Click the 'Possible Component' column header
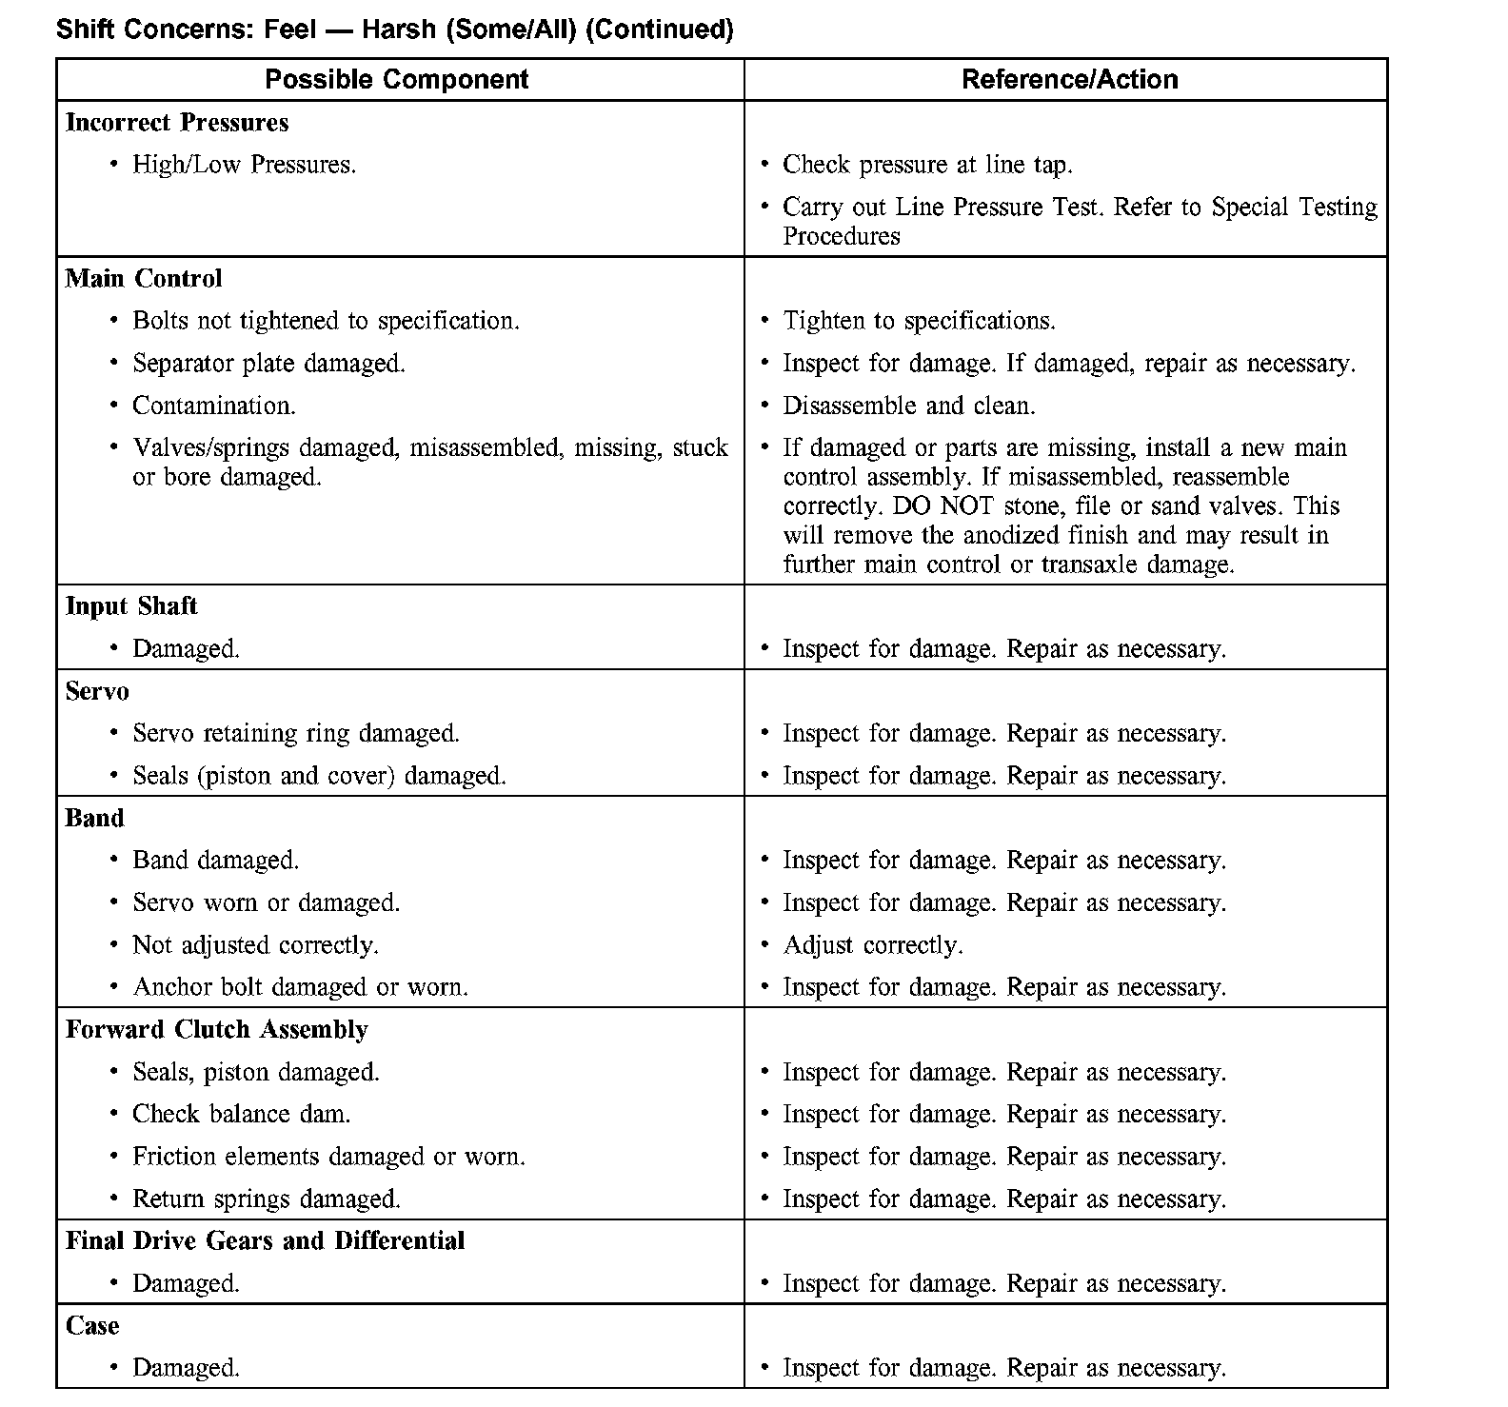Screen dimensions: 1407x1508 pyautogui.click(x=396, y=79)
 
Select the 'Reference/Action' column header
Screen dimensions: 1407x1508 pyautogui.click(x=1069, y=79)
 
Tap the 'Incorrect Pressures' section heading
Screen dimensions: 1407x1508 pyautogui.click(x=177, y=123)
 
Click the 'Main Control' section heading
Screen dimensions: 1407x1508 pyautogui.click(x=144, y=279)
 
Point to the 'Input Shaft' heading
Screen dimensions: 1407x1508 pyautogui.click(x=131, y=606)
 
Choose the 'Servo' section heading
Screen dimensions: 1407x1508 pyautogui.click(x=97, y=691)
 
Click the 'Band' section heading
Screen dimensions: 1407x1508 pyautogui.click(x=94, y=819)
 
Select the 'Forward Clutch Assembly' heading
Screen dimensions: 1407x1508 pyautogui.click(x=217, y=1030)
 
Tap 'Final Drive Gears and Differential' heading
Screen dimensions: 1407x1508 pyautogui.click(x=265, y=1241)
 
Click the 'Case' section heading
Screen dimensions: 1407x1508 pyautogui.click(x=92, y=1326)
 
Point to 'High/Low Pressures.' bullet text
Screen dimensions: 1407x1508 pyautogui.click(x=244, y=165)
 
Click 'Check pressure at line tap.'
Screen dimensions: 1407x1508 pyautogui.click(x=927, y=165)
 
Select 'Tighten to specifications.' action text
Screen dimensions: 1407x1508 pyautogui.click(x=919, y=321)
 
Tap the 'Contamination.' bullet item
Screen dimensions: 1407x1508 pyautogui.click(x=214, y=406)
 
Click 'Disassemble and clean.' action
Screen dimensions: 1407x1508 pyautogui.click(x=909, y=406)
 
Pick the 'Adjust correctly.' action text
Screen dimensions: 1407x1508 pyautogui.click(x=873, y=945)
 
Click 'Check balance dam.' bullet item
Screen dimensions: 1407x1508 pyautogui.click(x=241, y=1114)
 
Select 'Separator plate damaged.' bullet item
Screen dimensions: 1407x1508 pyautogui.click(x=268, y=364)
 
